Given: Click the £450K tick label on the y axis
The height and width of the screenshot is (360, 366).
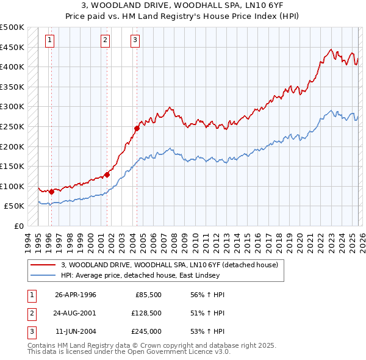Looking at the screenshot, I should [12, 47].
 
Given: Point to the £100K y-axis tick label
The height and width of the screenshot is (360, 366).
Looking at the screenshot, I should [12, 186].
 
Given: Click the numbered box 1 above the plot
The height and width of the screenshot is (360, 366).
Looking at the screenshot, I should [49, 40].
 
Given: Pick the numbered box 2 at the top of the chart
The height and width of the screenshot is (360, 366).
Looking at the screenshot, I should [105, 40].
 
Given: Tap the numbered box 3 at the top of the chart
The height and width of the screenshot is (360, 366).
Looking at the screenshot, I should [134, 40].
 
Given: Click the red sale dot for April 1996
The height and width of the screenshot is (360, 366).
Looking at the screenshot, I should [51, 192].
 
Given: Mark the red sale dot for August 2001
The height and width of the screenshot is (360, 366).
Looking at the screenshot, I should [107, 175].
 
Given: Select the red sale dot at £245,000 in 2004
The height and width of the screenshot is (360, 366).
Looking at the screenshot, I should [137, 128].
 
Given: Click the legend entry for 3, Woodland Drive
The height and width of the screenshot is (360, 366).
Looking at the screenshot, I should [170, 265].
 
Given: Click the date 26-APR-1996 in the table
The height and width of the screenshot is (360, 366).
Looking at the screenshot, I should [76, 295].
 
